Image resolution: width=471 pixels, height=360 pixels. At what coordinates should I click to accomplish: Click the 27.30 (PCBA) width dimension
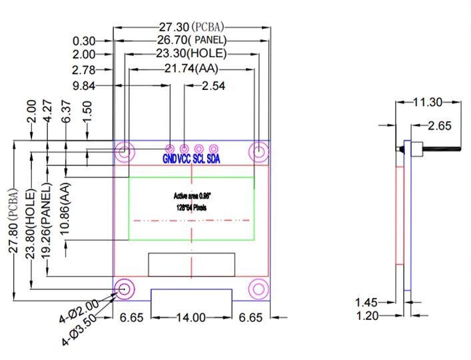tap(192, 27)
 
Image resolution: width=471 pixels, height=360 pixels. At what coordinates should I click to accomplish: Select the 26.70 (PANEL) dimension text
tap(192, 41)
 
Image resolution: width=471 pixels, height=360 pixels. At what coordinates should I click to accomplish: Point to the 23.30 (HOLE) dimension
tap(191, 53)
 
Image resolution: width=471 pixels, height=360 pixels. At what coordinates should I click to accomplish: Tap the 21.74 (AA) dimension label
tap(191, 69)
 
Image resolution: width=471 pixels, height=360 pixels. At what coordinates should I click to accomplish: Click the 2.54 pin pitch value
tap(214, 85)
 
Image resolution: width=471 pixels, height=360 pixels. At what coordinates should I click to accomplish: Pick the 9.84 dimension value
tap(85, 85)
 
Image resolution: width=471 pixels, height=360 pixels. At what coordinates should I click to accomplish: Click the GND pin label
tap(170, 159)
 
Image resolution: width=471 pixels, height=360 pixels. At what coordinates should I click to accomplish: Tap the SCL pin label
tap(199, 159)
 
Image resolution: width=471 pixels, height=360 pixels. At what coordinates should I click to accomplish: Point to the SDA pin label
tap(214, 159)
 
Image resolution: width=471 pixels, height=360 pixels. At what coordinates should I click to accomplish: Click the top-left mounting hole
tap(124, 151)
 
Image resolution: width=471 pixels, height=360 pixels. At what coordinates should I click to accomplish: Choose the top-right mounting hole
tap(258, 151)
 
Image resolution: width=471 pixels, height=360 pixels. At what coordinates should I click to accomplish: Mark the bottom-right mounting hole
tap(258, 289)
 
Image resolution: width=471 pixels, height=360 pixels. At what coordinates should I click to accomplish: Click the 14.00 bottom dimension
tap(191, 317)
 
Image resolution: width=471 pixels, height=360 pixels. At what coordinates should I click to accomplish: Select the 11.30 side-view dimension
tap(428, 102)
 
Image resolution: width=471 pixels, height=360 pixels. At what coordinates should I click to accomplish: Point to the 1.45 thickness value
tap(366, 303)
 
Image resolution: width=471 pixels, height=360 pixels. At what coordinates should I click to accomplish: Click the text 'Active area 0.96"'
tap(191, 196)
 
